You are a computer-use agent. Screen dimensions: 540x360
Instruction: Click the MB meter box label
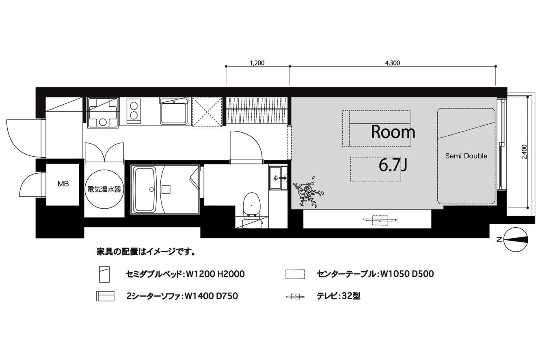[x=63, y=184]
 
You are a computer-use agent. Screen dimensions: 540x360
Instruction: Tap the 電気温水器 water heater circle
[x=104, y=190]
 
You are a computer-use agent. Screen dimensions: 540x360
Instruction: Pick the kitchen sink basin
[x=174, y=112]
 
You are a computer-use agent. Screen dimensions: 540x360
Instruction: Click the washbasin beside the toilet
[x=278, y=178]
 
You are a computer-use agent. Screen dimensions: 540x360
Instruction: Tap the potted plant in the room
[x=308, y=192]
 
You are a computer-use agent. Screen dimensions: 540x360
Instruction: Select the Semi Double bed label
[x=466, y=156]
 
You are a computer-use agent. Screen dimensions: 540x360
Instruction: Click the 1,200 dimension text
[x=257, y=63]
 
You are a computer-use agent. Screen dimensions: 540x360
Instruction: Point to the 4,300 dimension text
[x=393, y=63]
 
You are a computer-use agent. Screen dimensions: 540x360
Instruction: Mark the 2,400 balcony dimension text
[x=525, y=152]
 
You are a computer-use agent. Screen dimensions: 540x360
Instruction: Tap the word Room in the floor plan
[x=393, y=132]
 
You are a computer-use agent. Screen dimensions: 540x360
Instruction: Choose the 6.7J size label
[x=393, y=165]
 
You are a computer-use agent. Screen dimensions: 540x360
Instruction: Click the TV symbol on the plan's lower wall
[x=380, y=220]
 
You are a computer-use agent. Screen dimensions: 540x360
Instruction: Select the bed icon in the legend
[x=104, y=274]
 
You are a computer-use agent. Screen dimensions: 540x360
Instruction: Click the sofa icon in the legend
[x=105, y=296]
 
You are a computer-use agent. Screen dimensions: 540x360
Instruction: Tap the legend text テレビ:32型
[x=338, y=296]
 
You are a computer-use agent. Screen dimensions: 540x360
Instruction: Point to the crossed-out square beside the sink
[x=207, y=112]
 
